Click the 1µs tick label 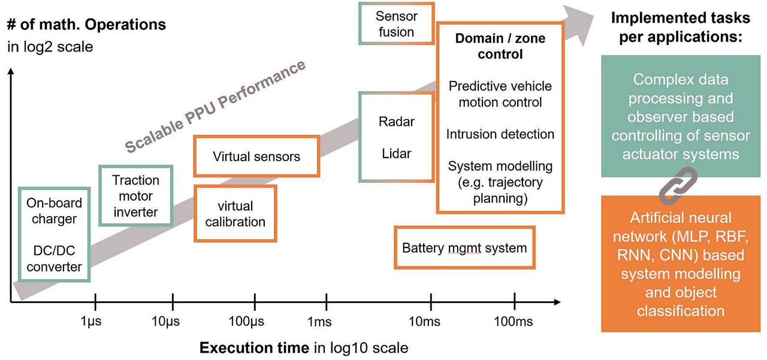pyautogui.click(x=91, y=322)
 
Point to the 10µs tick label pyautogui.click(x=167, y=322)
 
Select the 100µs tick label pyautogui.click(x=247, y=322)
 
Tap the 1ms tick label pyautogui.click(x=319, y=322)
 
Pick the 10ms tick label pyautogui.click(x=424, y=322)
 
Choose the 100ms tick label pyautogui.click(x=514, y=322)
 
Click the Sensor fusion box pyautogui.click(x=396, y=24)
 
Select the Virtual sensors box pyautogui.click(x=256, y=157)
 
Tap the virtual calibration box pyautogui.click(x=235, y=214)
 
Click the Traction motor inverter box pyautogui.click(x=136, y=196)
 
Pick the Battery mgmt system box pyautogui.click(x=464, y=247)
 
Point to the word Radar pyautogui.click(x=397, y=122)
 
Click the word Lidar pyautogui.click(x=397, y=153)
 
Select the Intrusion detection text pyautogui.click(x=500, y=134)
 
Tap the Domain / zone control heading pyautogui.click(x=500, y=46)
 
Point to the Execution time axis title pyautogui.click(x=303, y=348)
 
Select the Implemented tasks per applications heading pyautogui.click(x=677, y=28)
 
